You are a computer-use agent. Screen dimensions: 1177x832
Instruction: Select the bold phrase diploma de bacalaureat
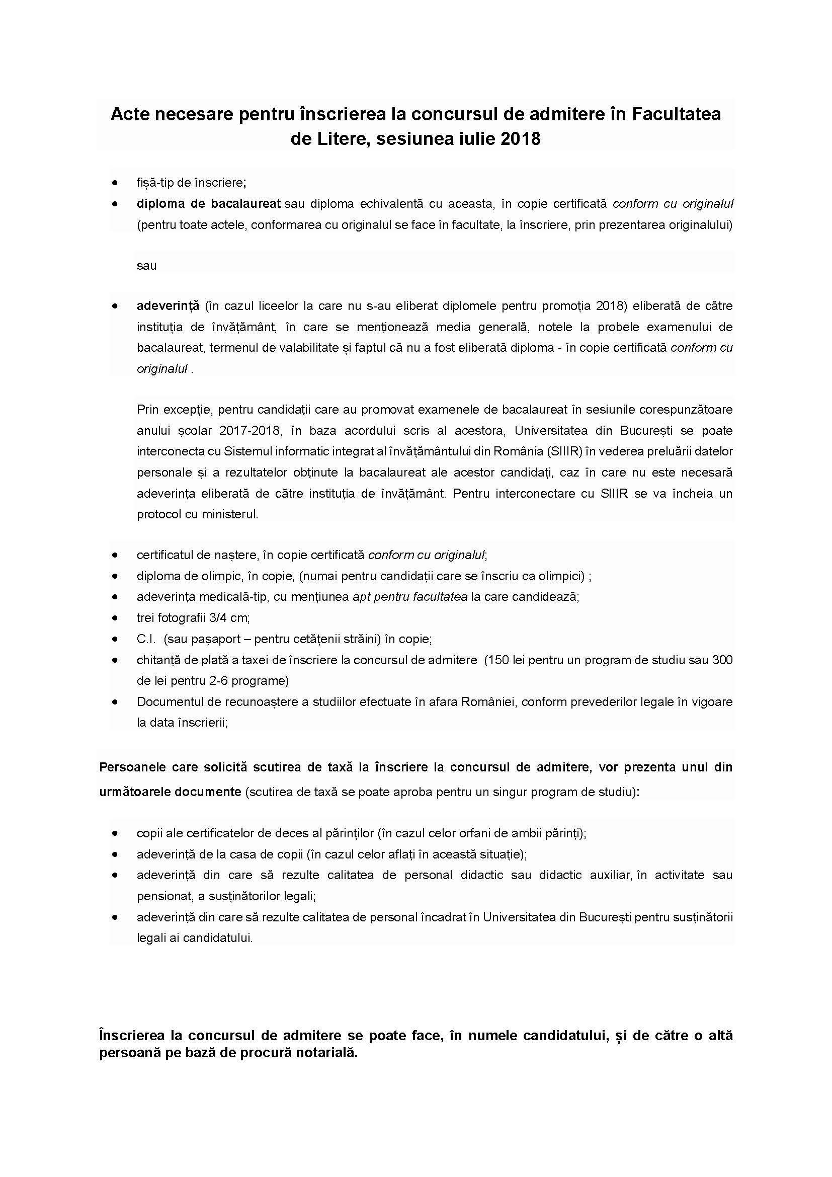point(209,203)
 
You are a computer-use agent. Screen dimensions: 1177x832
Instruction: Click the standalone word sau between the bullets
point(146,266)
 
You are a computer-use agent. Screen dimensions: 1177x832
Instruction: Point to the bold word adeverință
point(168,306)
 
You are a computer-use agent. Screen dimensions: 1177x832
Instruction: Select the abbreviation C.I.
point(146,639)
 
